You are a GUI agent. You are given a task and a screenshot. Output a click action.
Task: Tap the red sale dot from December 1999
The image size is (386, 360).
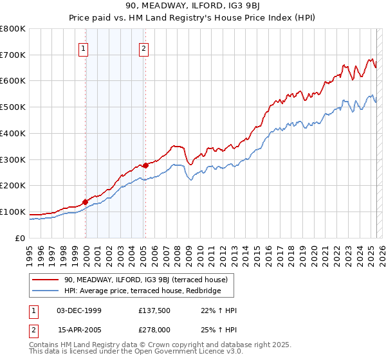(85, 202)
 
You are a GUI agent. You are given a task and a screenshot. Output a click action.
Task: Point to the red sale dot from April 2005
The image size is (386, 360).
(146, 165)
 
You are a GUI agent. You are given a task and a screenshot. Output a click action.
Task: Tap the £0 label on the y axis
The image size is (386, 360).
(20, 238)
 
